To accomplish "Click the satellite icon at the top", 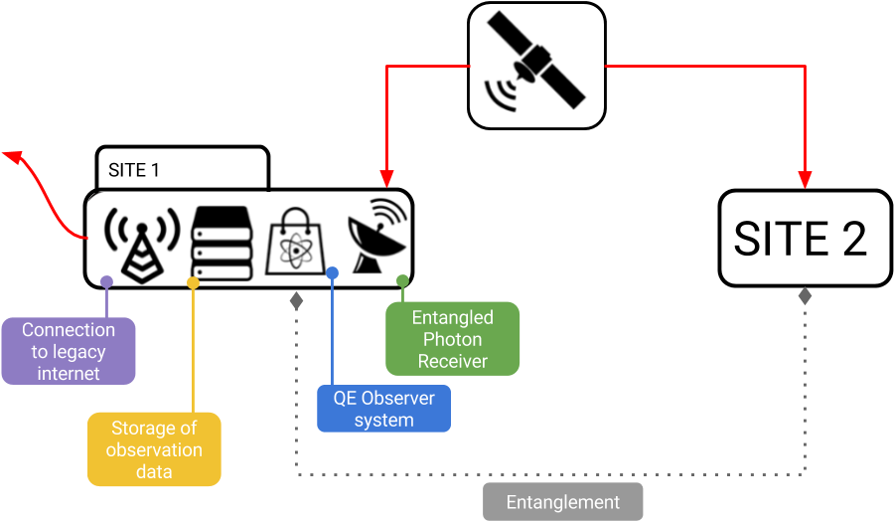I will tap(536, 66).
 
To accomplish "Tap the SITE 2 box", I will tap(805, 239).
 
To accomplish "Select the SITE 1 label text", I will tap(134, 170).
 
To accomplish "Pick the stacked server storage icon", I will tap(223, 240).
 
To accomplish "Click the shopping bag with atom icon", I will tap(298, 241).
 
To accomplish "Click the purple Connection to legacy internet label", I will tap(69, 352).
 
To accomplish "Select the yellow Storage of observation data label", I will tap(154, 449).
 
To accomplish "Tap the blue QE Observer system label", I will tap(383, 409).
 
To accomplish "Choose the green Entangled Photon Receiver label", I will tap(452, 339).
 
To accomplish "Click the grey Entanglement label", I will tap(562, 502).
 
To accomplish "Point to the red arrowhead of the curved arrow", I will tap(13, 155).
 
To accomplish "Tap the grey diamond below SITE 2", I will tap(805, 296).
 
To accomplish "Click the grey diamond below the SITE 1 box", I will tap(296, 298).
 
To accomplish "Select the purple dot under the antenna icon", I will tap(106, 282).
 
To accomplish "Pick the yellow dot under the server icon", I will tap(193, 283).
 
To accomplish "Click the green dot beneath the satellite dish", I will tap(402, 281).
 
